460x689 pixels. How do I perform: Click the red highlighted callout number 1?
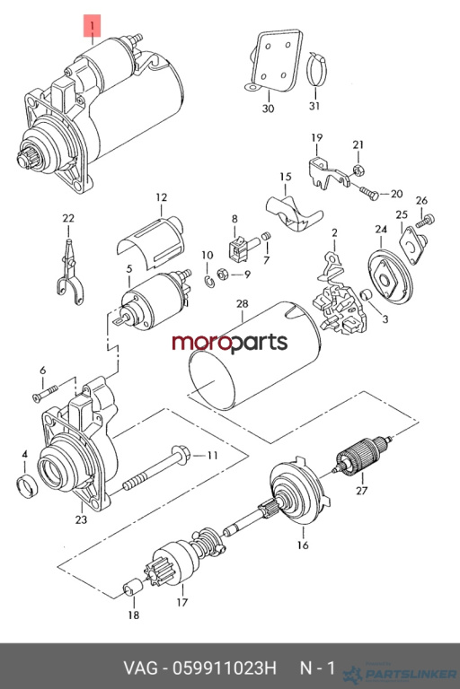click(92, 25)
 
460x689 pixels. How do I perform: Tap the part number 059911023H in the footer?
click(225, 668)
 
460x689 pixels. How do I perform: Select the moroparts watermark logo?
click(230, 343)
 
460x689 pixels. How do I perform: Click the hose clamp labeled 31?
click(316, 69)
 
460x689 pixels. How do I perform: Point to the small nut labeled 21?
click(358, 169)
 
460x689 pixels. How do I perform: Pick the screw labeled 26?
click(425, 221)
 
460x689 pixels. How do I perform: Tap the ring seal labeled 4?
click(27, 486)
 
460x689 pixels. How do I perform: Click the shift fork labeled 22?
click(70, 273)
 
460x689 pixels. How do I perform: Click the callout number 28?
click(242, 303)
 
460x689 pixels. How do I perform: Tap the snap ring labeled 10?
click(209, 281)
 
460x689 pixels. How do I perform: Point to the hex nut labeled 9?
click(223, 275)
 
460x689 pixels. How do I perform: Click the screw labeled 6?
click(45, 393)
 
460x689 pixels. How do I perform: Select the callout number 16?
click(303, 545)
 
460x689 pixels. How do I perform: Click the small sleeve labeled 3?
click(367, 295)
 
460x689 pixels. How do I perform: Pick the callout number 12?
click(162, 197)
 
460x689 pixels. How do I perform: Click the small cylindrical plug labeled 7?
click(265, 237)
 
